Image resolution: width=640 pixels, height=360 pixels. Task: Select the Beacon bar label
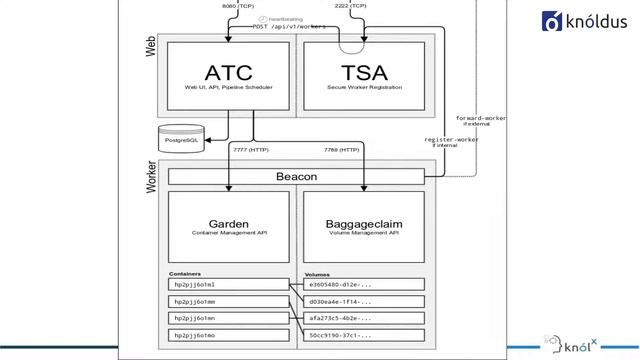pos(296,176)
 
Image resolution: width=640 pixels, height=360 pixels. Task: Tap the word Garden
pos(229,225)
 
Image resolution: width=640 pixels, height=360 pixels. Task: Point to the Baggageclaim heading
pos(365,225)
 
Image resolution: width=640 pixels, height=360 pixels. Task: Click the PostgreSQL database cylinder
pos(184,135)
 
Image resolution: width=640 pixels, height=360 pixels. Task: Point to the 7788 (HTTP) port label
pos(342,151)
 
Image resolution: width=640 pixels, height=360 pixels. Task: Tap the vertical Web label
pos(152,46)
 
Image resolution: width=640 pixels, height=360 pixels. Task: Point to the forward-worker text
pos(480,118)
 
